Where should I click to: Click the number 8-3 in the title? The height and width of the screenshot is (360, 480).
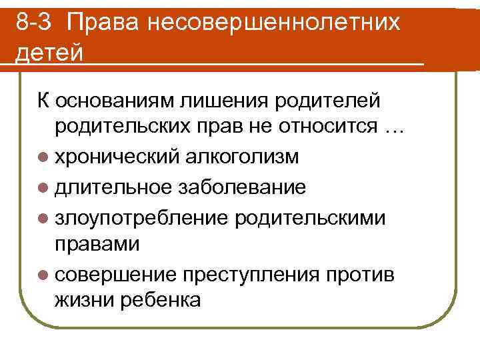tap(34, 23)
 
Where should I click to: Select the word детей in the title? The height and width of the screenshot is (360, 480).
tap(50, 52)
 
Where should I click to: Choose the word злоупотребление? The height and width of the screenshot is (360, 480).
tap(142, 215)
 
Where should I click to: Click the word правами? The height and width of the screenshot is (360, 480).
tap(97, 244)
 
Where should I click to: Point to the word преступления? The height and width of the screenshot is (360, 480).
tap(265, 273)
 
